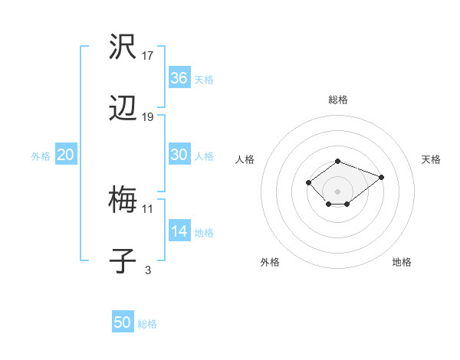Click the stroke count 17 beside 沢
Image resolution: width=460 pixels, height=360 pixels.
coord(148,56)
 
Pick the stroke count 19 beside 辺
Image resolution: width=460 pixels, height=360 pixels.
coord(148,117)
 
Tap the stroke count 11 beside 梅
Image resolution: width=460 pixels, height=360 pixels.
coord(148,208)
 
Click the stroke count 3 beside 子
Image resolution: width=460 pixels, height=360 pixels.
coord(148,270)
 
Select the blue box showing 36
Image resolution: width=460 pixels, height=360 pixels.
coord(179,78)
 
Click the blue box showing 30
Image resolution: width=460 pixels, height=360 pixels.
coord(179,155)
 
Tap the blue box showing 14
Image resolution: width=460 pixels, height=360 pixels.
coord(179,231)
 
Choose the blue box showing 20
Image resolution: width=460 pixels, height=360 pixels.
coord(66,155)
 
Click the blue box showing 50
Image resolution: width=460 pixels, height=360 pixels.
coord(123,322)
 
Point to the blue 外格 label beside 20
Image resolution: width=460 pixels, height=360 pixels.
coord(41,155)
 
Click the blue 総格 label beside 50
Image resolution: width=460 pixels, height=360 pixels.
coord(147,324)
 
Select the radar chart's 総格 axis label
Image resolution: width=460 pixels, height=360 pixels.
coord(338,100)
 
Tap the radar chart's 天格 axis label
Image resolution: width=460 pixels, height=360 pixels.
coord(431,159)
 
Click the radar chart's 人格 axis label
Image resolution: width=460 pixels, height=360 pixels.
coord(245,159)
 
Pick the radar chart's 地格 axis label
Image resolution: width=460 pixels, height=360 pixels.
coord(402,262)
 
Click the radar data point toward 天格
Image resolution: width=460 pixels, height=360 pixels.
coord(381,177)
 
